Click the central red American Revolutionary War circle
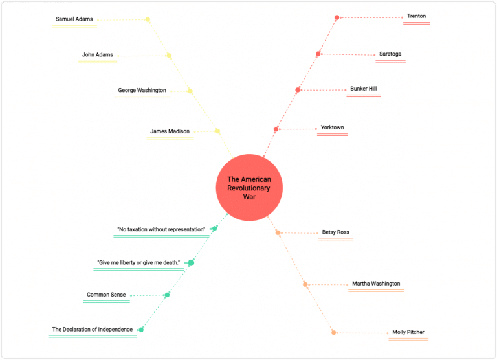(x=249, y=188)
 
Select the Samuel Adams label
(x=74, y=19)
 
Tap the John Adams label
(x=98, y=55)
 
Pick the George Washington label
(x=142, y=91)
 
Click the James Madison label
(x=170, y=131)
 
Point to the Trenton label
(x=416, y=16)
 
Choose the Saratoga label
(x=390, y=54)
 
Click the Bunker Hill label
(x=364, y=89)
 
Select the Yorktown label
(x=332, y=128)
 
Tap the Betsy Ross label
(x=335, y=232)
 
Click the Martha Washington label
(x=376, y=284)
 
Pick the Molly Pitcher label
(x=408, y=332)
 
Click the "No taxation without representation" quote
(x=161, y=229)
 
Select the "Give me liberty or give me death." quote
(x=138, y=262)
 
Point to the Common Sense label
(x=106, y=295)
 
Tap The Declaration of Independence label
(x=92, y=330)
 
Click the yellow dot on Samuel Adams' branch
(x=148, y=19)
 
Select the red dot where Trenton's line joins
(x=337, y=17)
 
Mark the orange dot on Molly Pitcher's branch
(x=334, y=332)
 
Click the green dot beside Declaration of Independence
(x=141, y=330)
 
